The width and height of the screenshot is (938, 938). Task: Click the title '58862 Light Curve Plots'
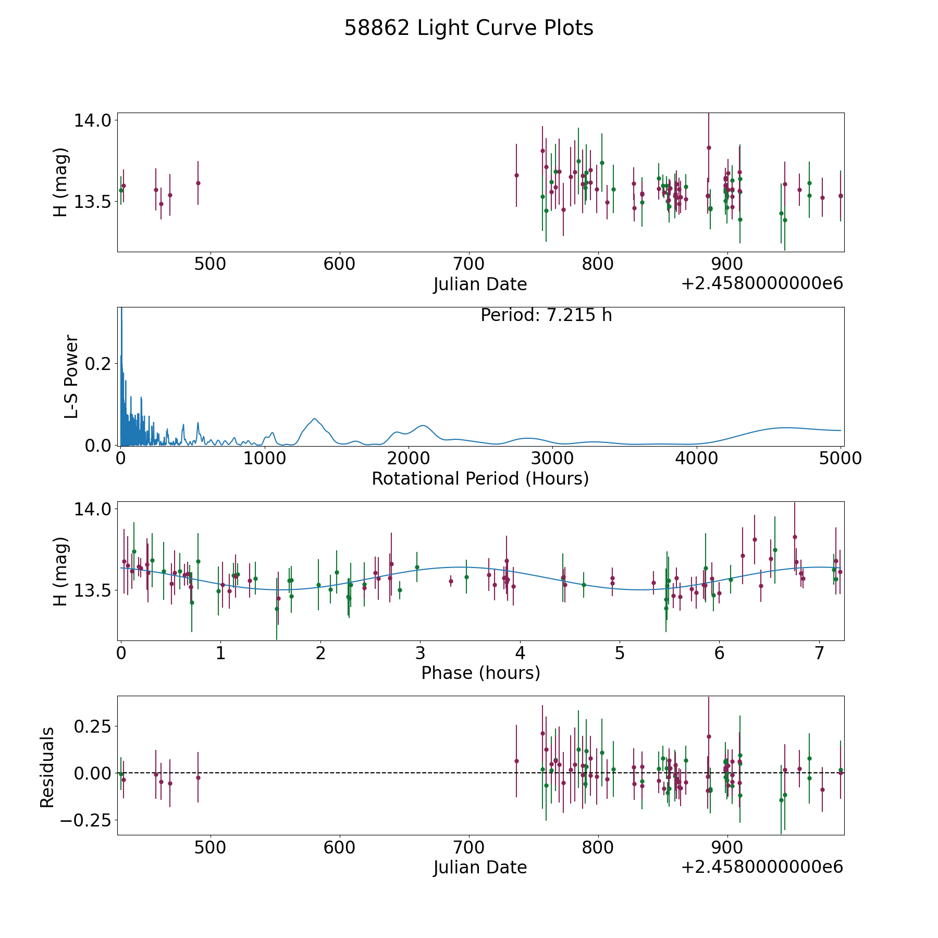point(468,28)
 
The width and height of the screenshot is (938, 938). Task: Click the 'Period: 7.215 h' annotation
point(546,315)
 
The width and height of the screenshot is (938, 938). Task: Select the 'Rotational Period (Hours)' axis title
point(480,478)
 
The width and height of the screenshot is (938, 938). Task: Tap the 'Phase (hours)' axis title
point(480,673)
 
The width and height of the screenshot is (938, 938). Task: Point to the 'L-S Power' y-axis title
point(71,376)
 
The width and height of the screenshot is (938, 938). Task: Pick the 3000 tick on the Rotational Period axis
point(552,459)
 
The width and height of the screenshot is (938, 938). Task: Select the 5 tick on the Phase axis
point(620,653)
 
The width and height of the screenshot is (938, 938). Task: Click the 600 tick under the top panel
point(339,264)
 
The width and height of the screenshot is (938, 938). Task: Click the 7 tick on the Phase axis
point(819,653)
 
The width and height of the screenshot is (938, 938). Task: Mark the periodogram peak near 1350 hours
point(314,418)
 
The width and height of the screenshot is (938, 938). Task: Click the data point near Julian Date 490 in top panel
point(198,183)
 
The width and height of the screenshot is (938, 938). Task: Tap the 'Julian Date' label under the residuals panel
point(480,867)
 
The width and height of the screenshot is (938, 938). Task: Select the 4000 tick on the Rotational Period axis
point(696,459)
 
